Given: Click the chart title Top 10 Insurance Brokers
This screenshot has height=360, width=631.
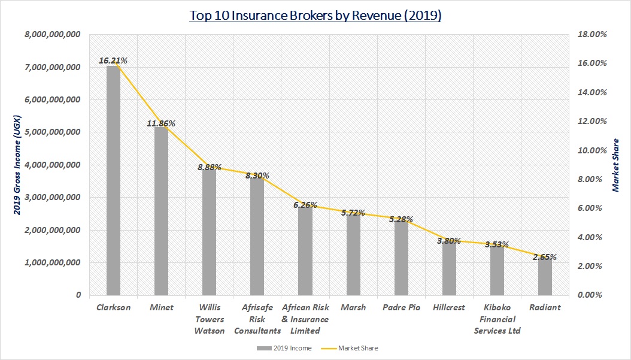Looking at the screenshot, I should [315, 16].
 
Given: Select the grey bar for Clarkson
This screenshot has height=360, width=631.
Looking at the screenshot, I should [113, 180].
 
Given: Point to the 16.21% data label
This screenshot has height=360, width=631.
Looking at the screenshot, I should [113, 60].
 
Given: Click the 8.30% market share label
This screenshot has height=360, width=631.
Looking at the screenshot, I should [257, 176].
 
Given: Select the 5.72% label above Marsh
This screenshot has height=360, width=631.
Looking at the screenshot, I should [353, 213].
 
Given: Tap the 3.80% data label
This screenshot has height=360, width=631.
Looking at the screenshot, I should [448, 241].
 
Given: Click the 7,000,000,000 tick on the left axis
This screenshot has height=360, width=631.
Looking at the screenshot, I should [53, 68].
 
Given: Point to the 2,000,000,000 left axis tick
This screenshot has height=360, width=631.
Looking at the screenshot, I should [53, 230].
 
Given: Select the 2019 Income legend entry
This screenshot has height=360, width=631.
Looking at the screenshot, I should [290, 348].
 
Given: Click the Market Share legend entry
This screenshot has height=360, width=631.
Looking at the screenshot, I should [357, 348].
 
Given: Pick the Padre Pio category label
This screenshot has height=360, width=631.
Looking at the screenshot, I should [401, 307].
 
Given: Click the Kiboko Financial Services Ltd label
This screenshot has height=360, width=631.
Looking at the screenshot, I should [497, 319].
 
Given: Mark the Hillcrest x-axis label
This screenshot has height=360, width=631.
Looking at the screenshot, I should [449, 307].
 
